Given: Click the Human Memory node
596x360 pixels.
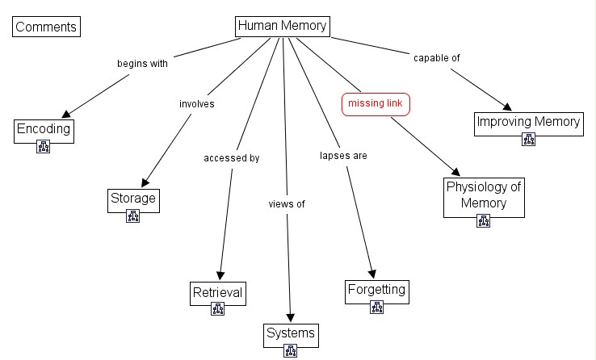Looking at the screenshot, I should [x=282, y=26].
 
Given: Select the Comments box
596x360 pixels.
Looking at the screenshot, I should [x=46, y=27].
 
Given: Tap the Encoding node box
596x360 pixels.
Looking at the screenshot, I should [x=44, y=128].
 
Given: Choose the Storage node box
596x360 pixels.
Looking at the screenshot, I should [x=132, y=199].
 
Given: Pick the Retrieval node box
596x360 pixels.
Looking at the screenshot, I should [x=217, y=292].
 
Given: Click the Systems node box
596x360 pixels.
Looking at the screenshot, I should [x=291, y=333].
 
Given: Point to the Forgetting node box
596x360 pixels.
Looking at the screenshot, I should [x=376, y=289].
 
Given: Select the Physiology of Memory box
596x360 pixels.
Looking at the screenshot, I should [x=484, y=195].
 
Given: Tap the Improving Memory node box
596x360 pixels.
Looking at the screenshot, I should [x=528, y=123].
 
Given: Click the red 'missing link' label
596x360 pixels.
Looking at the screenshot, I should [x=376, y=104].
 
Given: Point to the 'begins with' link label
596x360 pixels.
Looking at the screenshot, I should [x=142, y=64].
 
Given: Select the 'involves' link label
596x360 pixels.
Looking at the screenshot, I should [x=196, y=103].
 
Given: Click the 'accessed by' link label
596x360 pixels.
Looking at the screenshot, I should [x=231, y=158].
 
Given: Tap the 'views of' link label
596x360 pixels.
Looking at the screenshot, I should [x=287, y=203].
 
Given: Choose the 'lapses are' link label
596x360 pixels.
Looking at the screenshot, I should [x=343, y=156].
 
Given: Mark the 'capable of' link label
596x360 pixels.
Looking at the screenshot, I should [x=437, y=58].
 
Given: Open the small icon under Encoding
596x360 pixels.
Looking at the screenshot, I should [x=44, y=146].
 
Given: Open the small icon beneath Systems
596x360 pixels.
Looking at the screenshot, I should [x=291, y=351].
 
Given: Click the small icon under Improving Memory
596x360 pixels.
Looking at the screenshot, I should [x=528, y=140].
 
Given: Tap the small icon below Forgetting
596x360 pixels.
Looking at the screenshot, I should [x=376, y=307].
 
